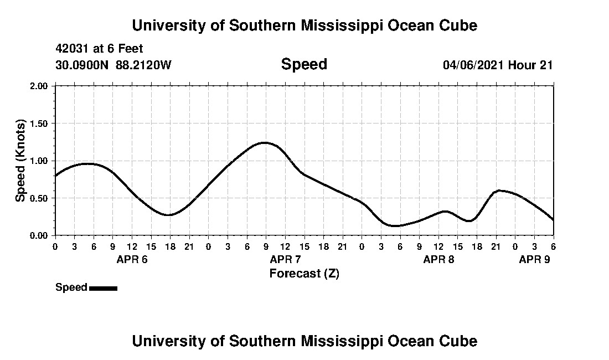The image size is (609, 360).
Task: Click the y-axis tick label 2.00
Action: [x=40, y=86]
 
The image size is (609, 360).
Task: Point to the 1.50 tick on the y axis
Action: [x=40, y=124]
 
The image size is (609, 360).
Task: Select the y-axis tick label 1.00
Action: [x=40, y=161]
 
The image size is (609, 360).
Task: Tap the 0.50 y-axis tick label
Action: [x=40, y=198]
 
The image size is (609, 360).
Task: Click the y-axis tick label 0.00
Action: [x=40, y=235]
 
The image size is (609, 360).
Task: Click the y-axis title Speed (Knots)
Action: [x=20, y=161]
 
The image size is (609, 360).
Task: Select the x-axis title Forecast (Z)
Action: [x=304, y=274]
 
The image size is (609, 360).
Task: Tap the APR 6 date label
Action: [x=132, y=260]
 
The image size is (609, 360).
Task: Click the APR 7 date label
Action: [x=285, y=260]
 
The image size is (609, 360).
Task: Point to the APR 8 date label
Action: [x=438, y=260]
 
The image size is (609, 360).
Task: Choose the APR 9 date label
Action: [x=534, y=260]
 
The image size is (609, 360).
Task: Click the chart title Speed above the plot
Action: [x=304, y=64]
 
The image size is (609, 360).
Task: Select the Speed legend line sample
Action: [x=103, y=288]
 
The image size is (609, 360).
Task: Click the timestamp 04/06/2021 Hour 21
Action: [x=498, y=65]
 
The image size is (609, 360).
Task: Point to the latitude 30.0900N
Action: [x=82, y=65]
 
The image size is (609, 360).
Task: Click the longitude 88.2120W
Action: [x=144, y=65]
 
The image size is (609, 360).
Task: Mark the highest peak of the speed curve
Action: [x=265, y=142]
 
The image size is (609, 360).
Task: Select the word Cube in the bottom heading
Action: [x=461, y=341]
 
